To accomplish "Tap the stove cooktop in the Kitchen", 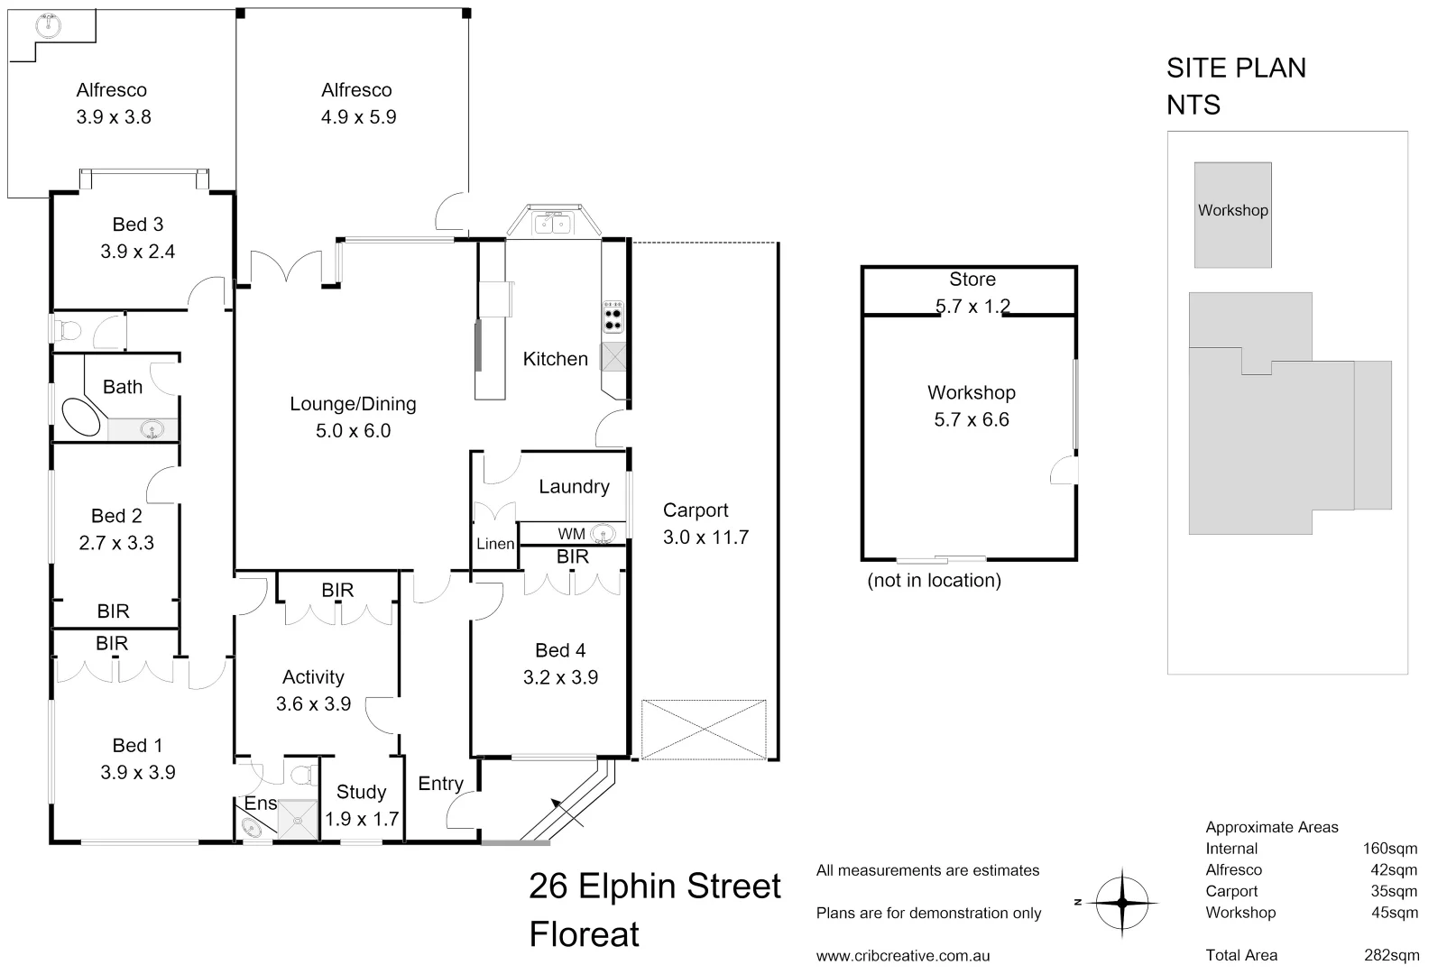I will click(613, 316).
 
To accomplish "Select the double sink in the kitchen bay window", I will click(553, 222).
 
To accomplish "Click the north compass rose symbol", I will click(1122, 901).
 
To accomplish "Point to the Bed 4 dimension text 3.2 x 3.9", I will click(560, 677).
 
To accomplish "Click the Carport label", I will click(695, 510).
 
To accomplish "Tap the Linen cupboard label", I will click(494, 544).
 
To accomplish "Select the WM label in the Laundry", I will click(571, 534).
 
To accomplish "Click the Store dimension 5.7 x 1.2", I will click(972, 307).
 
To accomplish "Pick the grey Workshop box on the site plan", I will click(1232, 215).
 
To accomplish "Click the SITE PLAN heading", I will click(1236, 68).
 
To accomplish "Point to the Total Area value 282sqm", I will click(1391, 955).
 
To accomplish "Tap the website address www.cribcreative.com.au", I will click(903, 956).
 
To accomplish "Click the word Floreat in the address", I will click(584, 934).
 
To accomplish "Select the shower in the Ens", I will click(297, 820).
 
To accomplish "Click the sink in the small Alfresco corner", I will click(48, 26).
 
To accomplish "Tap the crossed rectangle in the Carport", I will click(704, 729).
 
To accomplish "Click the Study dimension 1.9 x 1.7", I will click(362, 819).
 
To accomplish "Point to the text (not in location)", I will click(934, 581).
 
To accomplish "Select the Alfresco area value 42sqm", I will click(1393, 870).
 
